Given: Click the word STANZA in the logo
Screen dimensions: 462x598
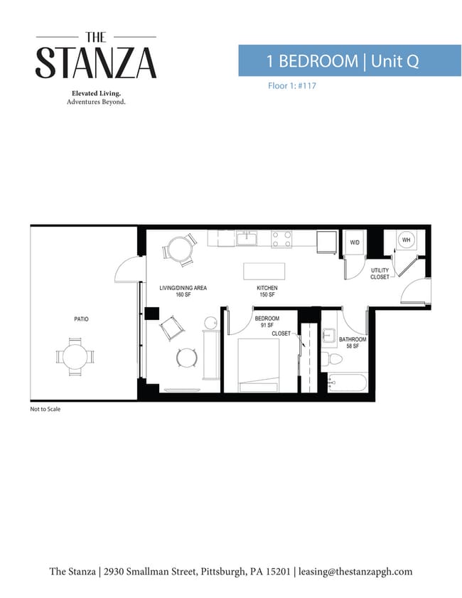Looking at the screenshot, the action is pos(96,63).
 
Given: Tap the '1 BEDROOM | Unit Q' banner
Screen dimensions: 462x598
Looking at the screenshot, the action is pos(350,60).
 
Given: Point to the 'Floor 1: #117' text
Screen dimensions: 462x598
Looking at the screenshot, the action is pos(292,86).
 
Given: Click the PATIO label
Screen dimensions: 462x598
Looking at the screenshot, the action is pos(81,319).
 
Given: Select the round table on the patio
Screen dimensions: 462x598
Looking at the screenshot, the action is pos(75,357).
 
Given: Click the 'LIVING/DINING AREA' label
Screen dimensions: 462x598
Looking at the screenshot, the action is pos(183,288).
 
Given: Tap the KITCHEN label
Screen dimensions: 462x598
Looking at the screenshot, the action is pos(267,288).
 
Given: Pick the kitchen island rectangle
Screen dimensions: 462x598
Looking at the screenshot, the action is pos(264,271).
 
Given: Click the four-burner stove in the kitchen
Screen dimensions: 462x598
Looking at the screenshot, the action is pos(281,240).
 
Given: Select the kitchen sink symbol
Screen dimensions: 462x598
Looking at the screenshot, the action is pos(247,239).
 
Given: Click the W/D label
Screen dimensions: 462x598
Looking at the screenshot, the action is pos(355,242).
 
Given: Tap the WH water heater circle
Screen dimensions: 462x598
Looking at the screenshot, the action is pos(407,240).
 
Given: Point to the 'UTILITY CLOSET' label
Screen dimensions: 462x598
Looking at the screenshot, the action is pos(380,274).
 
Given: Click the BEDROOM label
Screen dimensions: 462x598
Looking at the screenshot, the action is pos(267,319).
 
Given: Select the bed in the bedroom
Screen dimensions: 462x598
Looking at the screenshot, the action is pos(259,365).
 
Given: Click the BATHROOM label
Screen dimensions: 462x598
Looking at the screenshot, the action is pos(353,339).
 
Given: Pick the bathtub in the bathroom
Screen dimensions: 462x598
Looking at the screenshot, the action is pos(348,383).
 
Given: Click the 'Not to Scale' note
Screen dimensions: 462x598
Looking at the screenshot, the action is pos(45,409).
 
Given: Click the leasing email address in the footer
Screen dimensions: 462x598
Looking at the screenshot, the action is pos(355,571).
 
